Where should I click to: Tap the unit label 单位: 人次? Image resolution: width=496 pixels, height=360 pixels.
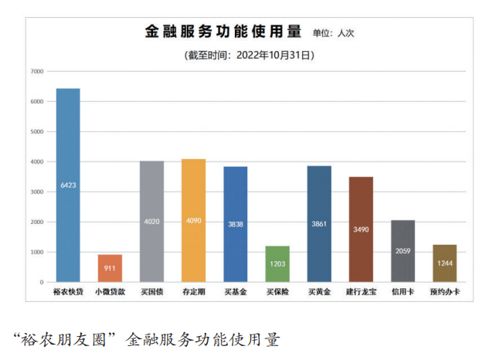point(333,34)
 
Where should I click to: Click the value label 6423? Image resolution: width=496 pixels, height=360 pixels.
point(68,185)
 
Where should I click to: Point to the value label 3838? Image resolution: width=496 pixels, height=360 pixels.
point(235,224)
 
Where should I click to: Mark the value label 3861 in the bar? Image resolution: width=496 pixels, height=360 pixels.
point(319,224)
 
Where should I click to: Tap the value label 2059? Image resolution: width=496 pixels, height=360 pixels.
point(403,251)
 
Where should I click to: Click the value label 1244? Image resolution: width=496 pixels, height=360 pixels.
point(444,263)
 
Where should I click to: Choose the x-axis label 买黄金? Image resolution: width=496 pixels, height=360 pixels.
point(319,294)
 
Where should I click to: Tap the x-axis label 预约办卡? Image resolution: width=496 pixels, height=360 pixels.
point(444,294)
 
